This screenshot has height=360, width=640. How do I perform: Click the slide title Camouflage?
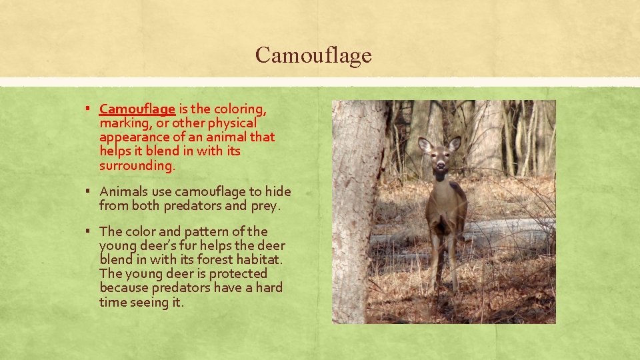pos(313,55)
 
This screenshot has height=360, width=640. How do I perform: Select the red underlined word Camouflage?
pos(137,109)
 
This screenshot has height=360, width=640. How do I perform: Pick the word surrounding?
pos(137,165)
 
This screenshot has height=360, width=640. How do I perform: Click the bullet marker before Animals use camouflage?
pos(88,192)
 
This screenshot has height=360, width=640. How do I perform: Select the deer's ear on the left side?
pos(424,145)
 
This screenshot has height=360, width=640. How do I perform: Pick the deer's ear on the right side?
pos(455,143)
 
